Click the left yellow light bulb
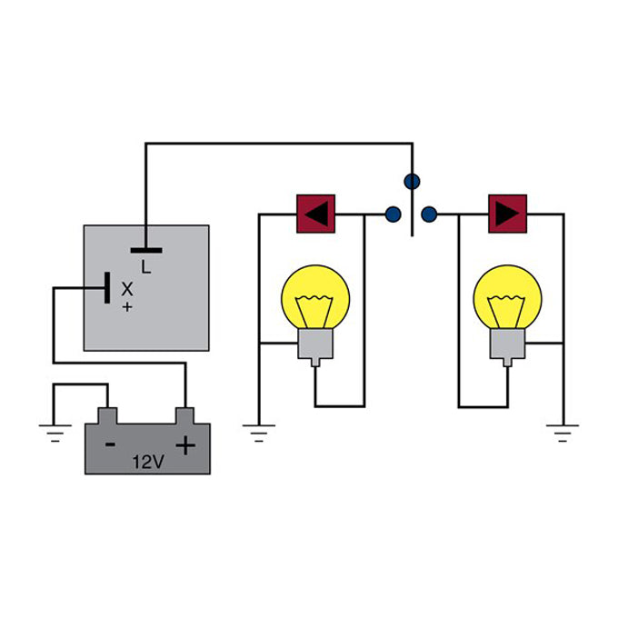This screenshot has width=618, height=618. pyautogui.click(x=314, y=300)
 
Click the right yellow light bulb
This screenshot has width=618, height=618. pyautogui.click(x=507, y=300)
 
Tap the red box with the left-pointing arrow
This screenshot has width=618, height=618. pyautogui.click(x=315, y=214)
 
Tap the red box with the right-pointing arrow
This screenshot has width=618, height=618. pyautogui.click(x=507, y=214)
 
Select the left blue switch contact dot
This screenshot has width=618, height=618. pyautogui.click(x=393, y=214)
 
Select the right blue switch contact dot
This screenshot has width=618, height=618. pyautogui.click(x=430, y=214)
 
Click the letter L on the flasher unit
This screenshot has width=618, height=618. pyautogui.click(x=145, y=265)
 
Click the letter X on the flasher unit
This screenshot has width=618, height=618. pyautogui.click(x=127, y=289)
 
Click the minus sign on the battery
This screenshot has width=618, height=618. pyautogui.click(x=110, y=445)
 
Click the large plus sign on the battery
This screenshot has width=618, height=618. pyautogui.click(x=185, y=445)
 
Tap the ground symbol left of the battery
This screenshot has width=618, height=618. pyautogui.click(x=55, y=431)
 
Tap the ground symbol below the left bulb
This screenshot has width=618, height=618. pyautogui.click(x=259, y=431)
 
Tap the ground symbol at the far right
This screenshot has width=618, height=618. pyautogui.click(x=564, y=431)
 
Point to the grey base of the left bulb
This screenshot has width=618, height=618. pyautogui.click(x=314, y=346)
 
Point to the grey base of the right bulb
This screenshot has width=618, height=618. pyautogui.click(x=507, y=346)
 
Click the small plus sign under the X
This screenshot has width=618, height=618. pyautogui.click(x=126, y=307)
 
